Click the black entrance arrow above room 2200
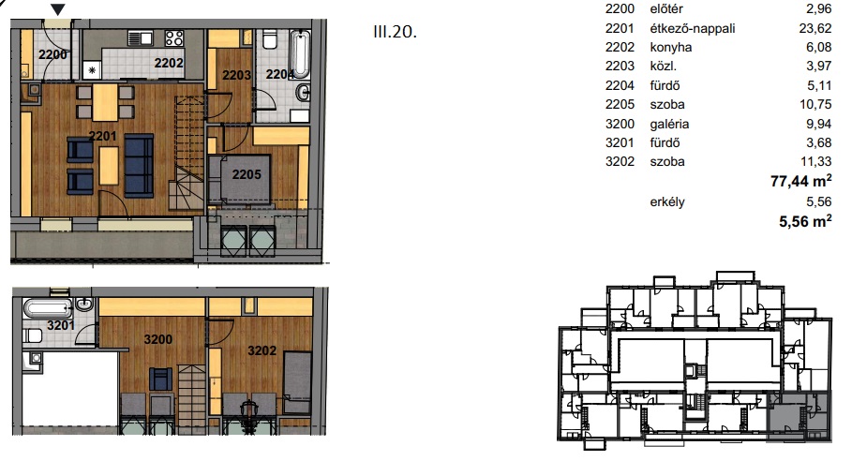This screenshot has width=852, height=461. click(58, 9)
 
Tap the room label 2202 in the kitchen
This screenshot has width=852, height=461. click(169, 63)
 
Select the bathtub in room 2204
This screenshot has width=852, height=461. click(300, 54)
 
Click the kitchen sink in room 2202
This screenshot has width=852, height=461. click(141, 38)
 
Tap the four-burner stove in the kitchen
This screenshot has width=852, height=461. click(174, 38)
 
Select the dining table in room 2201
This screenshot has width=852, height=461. click(105, 102)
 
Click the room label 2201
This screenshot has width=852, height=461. click(103, 136)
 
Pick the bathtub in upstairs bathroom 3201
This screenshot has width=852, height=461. click(48, 308)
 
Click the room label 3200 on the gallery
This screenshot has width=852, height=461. click(158, 339)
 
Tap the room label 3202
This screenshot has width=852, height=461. click(262, 350)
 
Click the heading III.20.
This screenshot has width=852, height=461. click(395, 32)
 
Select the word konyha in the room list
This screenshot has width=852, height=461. click(671, 48)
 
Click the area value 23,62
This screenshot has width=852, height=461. click(815, 28)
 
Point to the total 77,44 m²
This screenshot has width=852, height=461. click(801, 180)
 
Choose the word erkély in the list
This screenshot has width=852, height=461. click(667, 202)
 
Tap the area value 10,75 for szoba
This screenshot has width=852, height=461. click(815, 104)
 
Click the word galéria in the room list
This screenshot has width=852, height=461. click(669, 124)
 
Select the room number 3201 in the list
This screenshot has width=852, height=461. click(620, 142)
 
